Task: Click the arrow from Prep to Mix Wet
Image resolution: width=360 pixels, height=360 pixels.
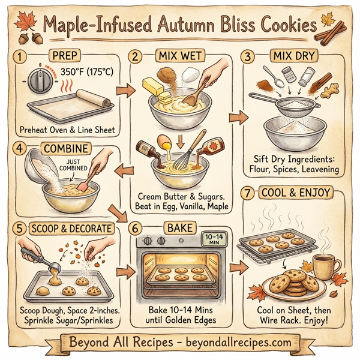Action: [x=124, y=90]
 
